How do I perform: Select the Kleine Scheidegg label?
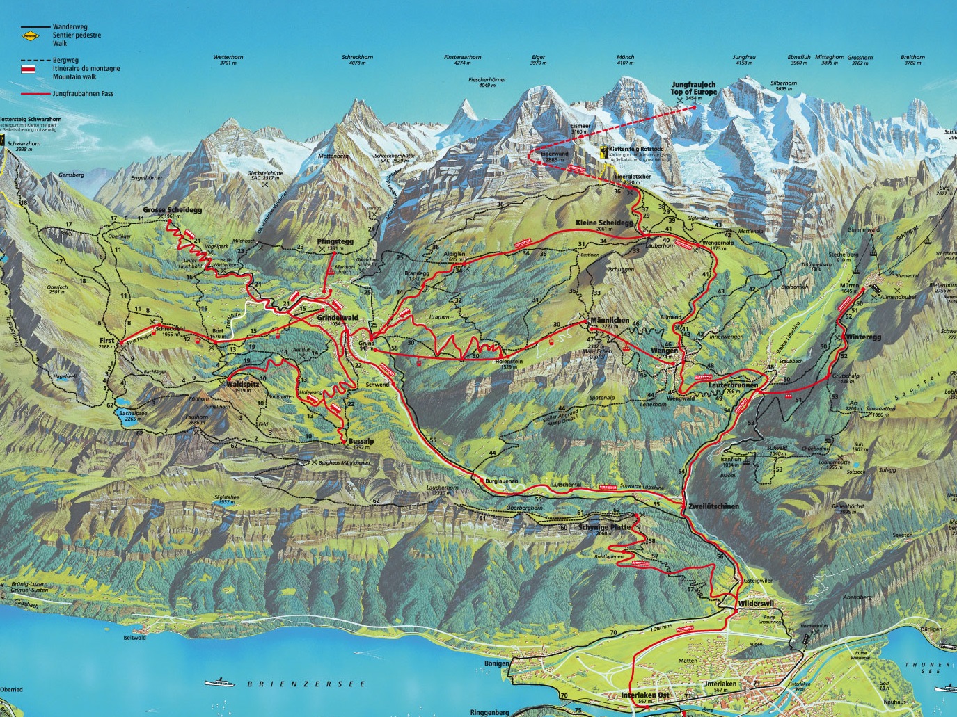coord(604,223)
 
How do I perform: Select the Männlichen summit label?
coord(609,321)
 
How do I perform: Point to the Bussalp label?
coord(361,441)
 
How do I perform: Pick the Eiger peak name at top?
coord(538,57)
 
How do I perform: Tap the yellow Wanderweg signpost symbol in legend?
coord(30,32)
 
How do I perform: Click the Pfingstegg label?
coord(331,241)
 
